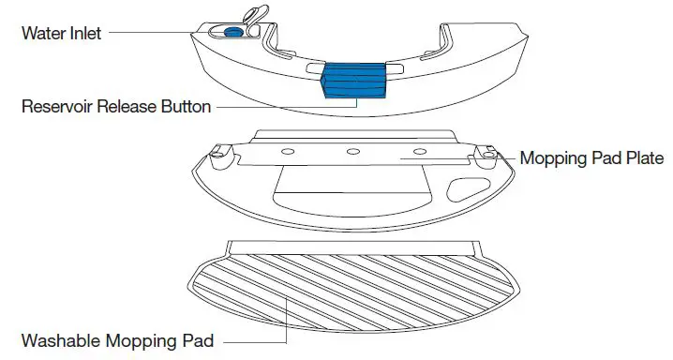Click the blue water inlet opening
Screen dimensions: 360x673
[233, 32]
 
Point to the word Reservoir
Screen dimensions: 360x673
[57, 107]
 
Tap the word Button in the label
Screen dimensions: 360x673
[188, 107]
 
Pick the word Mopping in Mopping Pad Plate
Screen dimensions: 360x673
[552, 157]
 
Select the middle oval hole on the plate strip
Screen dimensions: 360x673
[353, 152]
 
